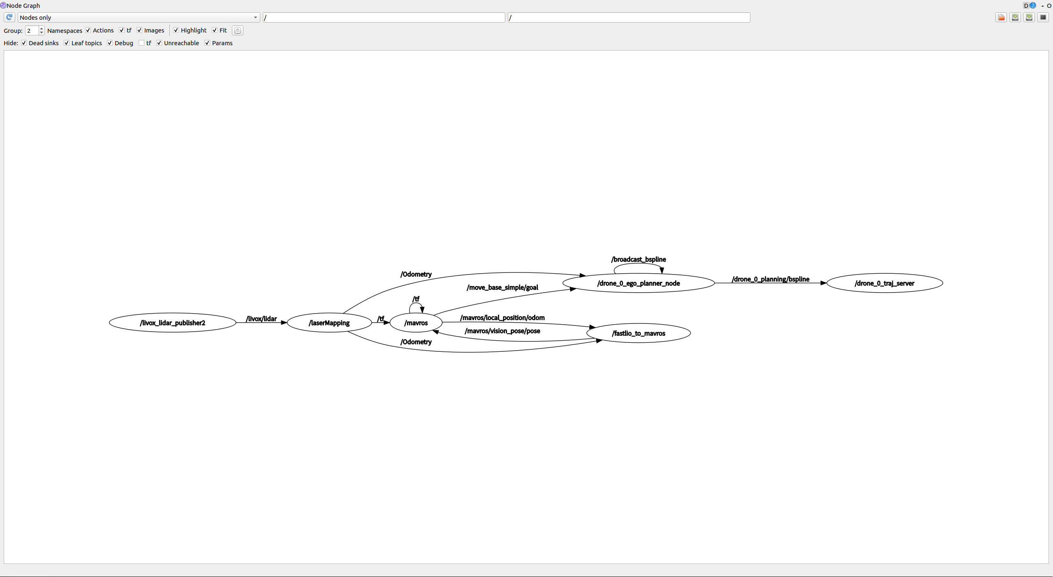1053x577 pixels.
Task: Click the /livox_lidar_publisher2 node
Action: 172,323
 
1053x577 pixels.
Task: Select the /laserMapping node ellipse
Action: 329,323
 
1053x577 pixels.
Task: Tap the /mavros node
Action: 416,323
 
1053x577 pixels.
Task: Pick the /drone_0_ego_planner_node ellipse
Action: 638,284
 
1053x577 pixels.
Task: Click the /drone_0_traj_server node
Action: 884,284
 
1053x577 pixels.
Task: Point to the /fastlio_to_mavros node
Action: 638,333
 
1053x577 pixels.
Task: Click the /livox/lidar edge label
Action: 261,319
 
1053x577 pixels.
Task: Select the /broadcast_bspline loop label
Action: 638,259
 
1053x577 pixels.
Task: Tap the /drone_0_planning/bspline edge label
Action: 770,279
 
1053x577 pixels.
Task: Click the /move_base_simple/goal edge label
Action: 502,288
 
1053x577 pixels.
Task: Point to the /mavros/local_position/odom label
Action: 502,318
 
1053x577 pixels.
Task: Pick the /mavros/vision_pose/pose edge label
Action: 502,331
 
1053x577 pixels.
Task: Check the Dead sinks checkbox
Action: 24,43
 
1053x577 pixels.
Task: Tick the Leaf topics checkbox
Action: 67,43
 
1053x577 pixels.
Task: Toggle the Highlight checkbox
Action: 176,30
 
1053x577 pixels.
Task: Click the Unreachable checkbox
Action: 159,43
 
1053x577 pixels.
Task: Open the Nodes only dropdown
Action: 138,18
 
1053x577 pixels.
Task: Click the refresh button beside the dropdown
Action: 9,18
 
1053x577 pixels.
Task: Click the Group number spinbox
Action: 32,31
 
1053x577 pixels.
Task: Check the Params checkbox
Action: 207,43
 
